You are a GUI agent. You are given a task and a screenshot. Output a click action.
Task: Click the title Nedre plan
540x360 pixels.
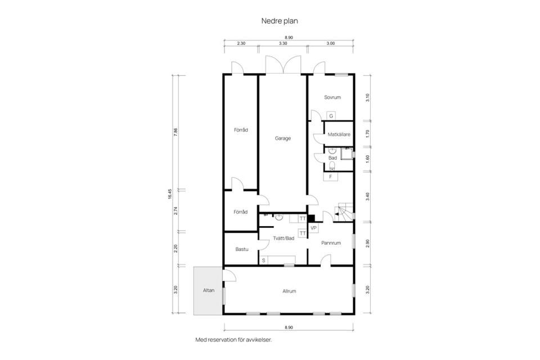(280, 21)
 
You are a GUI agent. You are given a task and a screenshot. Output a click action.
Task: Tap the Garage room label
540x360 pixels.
(283, 138)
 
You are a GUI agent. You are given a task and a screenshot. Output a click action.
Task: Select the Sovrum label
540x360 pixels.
(332, 97)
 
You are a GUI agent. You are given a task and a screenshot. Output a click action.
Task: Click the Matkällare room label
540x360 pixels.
(339, 134)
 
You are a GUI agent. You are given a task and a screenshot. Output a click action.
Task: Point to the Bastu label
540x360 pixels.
(242, 249)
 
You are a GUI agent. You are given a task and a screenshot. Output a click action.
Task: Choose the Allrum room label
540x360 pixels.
(289, 291)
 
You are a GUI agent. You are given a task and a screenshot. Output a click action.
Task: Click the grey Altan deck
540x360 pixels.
(208, 290)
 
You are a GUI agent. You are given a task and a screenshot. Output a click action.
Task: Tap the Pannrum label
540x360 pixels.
(331, 243)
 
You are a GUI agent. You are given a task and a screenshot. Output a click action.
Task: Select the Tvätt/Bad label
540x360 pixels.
(283, 238)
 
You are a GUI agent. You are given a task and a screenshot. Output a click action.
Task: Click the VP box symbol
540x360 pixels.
(313, 228)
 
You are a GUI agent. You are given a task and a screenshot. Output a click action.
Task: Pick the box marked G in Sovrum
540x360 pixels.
(331, 116)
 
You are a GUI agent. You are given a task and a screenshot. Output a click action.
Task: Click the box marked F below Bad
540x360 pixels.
(331, 177)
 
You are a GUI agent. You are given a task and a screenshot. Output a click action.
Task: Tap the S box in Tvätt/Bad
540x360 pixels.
(263, 260)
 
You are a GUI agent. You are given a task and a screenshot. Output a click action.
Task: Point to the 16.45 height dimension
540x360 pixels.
(170, 194)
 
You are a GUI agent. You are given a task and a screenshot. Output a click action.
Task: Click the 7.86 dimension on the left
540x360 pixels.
(175, 132)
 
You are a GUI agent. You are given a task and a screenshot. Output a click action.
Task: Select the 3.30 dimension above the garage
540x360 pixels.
(283, 43)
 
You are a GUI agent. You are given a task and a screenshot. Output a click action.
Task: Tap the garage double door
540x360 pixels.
(283, 65)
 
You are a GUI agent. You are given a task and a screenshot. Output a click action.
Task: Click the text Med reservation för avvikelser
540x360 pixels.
(233, 340)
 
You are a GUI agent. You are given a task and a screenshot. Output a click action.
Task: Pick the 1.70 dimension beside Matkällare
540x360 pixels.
(368, 134)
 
